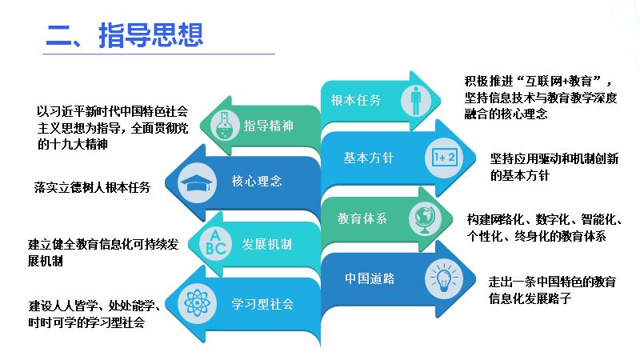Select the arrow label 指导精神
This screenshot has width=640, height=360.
(x=269, y=126)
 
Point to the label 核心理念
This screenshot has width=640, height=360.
(x=256, y=181)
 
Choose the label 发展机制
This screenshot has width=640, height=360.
(x=266, y=242)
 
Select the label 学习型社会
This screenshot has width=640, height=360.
(x=262, y=304)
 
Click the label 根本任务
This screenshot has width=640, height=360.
(x=356, y=100)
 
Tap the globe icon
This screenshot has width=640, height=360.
(x=422, y=218)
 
